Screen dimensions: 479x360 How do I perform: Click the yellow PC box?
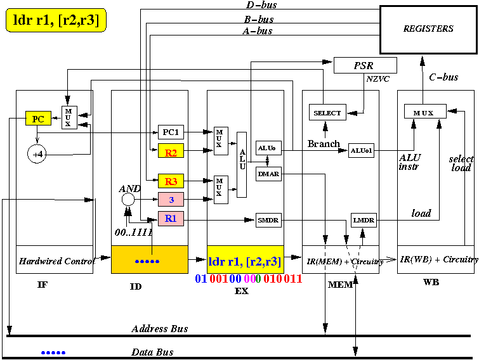[38, 119]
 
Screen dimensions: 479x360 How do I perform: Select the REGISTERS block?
[428, 30]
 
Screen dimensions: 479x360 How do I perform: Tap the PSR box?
[365, 65]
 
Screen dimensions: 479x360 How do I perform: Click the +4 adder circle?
[37, 154]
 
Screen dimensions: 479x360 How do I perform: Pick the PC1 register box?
[171, 132]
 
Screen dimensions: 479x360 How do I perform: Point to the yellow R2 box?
[171, 151]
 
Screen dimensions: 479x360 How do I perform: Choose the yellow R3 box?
[171, 181]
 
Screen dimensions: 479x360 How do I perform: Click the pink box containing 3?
[171, 200]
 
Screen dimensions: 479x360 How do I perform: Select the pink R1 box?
[171, 219]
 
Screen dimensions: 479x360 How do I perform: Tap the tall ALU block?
[242, 165]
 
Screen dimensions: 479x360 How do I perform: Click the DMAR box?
[268, 174]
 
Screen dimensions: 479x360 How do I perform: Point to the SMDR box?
[268, 220]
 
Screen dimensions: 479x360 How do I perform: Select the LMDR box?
[364, 220]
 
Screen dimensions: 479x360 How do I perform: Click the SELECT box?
[327, 112]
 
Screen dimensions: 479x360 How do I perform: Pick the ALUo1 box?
[361, 150]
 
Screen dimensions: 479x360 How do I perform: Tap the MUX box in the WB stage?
[425, 112]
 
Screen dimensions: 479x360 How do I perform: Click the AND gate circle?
[128, 200]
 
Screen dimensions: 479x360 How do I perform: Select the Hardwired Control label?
[57, 261]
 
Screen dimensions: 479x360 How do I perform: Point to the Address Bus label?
[160, 328]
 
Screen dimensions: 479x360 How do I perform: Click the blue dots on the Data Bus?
[53, 352]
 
